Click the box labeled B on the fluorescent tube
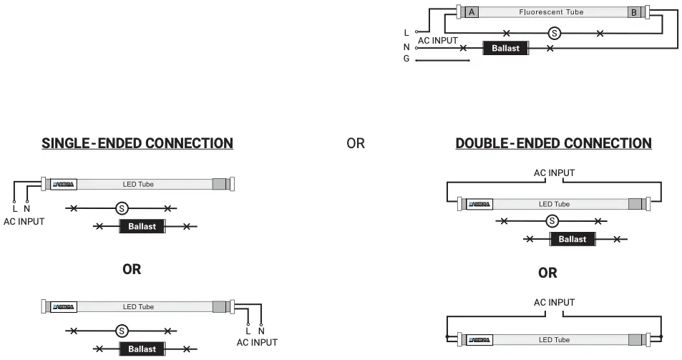[x=634, y=12]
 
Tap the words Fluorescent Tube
[x=552, y=12]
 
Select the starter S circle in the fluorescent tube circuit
[x=553, y=33]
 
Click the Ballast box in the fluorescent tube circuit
[x=505, y=49]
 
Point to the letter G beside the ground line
[x=406, y=59]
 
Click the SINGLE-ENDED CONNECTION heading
[x=137, y=143]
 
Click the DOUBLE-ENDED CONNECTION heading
[x=553, y=143]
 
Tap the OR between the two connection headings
[x=356, y=144]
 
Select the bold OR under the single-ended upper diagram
[x=132, y=270]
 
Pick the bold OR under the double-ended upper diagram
[x=547, y=273]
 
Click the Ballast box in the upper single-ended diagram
[x=142, y=227]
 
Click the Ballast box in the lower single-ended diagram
[x=142, y=349]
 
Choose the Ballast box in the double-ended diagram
[x=572, y=239]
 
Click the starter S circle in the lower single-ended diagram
[x=122, y=331]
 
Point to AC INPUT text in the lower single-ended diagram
[x=256, y=342]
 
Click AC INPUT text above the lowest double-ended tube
[x=554, y=303]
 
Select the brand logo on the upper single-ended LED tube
[x=64, y=184]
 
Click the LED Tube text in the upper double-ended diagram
[x=554, y=205]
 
